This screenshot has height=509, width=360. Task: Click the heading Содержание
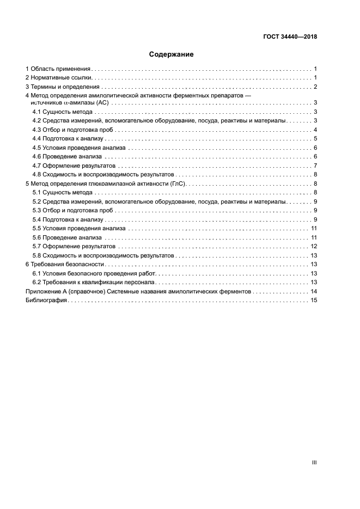171,54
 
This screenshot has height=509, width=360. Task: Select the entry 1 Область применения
58,69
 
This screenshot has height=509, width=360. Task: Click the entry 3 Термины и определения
63,87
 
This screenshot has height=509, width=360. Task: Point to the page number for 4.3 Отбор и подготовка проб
315,130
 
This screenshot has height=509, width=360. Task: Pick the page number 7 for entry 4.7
315,165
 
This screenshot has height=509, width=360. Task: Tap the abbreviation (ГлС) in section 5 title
178,183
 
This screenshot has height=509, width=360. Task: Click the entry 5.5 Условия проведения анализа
78,228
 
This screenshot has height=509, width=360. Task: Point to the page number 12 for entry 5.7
314,246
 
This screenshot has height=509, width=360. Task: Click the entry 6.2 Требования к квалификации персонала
94,282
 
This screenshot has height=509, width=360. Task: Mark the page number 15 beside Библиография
314,300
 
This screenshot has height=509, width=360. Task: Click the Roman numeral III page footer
314,462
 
